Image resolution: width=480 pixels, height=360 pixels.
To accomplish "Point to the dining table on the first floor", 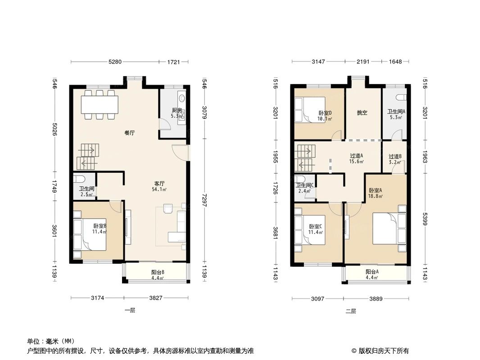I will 100,105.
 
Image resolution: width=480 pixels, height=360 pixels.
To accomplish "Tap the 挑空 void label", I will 362,113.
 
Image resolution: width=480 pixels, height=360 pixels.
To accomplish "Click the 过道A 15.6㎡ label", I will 356,158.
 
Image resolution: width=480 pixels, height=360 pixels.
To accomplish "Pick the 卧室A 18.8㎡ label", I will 375,193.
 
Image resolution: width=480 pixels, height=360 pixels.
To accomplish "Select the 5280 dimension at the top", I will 115,62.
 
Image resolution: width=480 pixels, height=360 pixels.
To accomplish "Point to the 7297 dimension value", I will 205,198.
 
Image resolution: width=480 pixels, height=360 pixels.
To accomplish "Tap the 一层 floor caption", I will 130,310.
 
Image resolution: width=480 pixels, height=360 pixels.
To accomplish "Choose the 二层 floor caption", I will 351,311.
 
